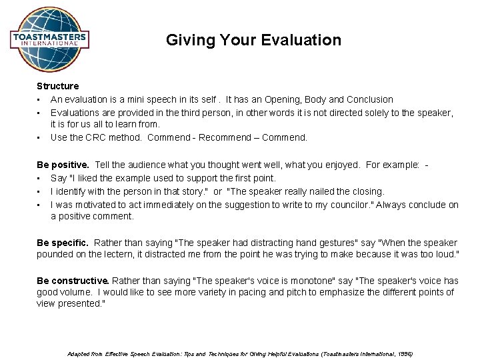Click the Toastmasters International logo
point(49,39)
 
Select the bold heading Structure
point(57,86)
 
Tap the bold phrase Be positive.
point(63,165)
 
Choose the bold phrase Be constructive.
point(71,281)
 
